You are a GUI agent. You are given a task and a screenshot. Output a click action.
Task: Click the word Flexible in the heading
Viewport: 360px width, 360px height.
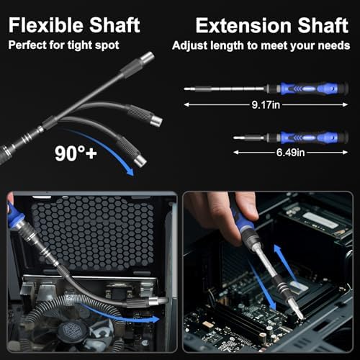(x=47, y=25)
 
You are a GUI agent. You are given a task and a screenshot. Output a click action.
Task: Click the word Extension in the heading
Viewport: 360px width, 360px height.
(x=243, y=25)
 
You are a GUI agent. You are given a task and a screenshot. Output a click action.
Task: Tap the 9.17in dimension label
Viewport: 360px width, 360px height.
(x=266, y=105)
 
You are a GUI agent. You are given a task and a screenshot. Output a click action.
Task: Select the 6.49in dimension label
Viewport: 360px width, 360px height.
(x=290, y=153)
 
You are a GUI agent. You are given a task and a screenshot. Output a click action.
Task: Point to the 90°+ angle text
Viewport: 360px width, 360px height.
(x=76, y=153)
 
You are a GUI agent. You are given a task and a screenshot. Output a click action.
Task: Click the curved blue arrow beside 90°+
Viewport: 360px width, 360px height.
(x=103, y=150)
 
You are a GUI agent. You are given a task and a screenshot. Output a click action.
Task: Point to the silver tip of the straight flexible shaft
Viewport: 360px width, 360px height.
(x=147, y=58)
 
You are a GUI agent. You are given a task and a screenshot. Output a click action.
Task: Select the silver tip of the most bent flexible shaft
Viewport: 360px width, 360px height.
(x=140, y=161)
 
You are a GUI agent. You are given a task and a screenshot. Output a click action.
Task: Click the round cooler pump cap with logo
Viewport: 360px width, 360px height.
(x=72, y=330)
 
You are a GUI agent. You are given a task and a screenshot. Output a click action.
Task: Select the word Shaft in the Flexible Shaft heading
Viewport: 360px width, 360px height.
(x=114, y=25)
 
